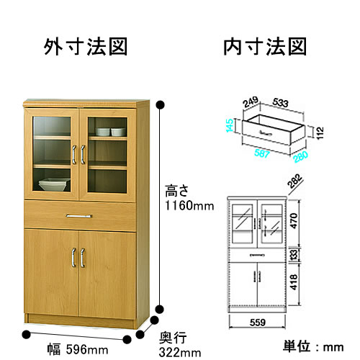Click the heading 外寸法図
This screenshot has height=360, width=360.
pos(86,47)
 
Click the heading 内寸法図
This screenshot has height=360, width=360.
pos(265,47)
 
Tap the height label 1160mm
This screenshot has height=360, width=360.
pos(189,206)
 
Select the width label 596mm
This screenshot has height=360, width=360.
pos(87,349)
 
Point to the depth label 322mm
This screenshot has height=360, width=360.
pos(180,353)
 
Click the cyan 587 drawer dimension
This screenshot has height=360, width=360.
pos(261,153)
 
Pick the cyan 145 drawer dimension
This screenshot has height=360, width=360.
pos(230,125)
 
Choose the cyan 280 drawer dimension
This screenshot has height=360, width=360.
pos(300,156)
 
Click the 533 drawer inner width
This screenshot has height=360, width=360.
pos(280,103)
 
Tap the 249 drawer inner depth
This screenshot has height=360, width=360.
pos(251,102)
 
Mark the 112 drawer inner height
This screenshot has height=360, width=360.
pos(320,132)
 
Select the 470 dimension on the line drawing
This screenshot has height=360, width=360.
pos(294,221)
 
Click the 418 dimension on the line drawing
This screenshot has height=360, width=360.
pos(294,282)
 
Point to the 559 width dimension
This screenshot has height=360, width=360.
pos(258,323)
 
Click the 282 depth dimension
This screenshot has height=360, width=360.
pos(294,181)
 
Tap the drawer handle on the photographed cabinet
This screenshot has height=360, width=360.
pos(79,216)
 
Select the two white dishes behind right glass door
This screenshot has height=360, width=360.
pos(111,132)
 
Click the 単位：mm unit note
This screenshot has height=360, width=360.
pos(313,346)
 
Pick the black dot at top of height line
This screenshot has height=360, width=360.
pos(160,105)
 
